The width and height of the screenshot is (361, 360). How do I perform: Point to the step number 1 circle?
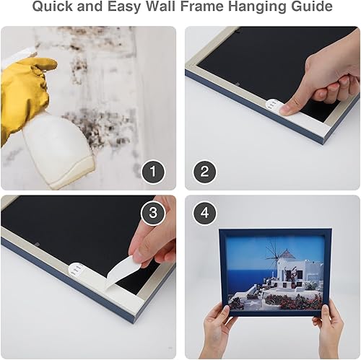[x=153, y=172]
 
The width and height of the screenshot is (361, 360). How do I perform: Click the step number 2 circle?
[x=205, y=172]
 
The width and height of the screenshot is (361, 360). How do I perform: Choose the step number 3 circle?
[x=153, y=214]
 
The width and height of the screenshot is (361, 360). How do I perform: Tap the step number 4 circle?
[x=205, y=214]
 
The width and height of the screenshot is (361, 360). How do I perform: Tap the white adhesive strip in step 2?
[x=271, y=106]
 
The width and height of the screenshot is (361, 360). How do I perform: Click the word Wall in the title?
[x=155, y=9]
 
